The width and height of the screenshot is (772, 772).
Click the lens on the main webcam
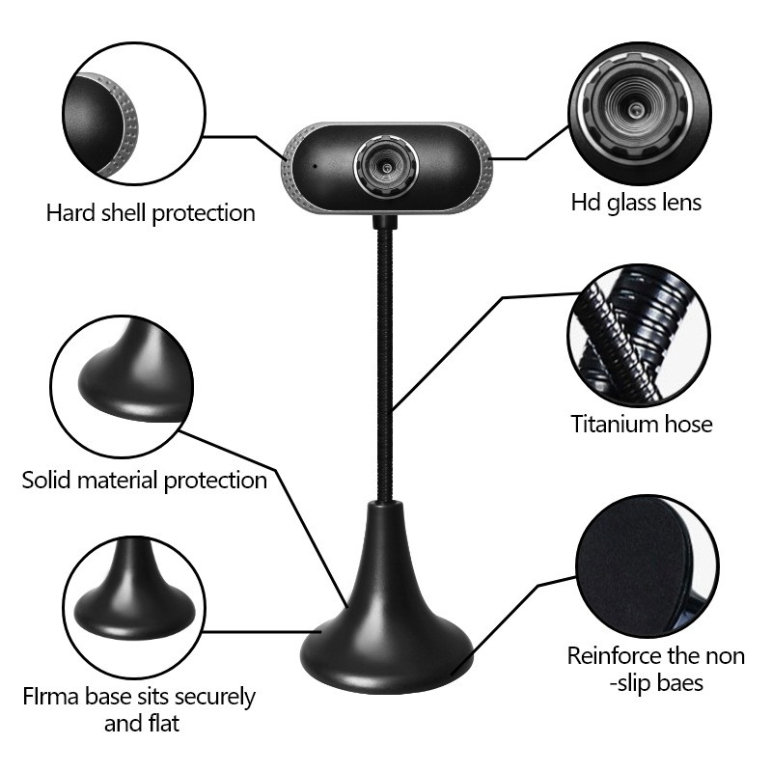[x=387, y=166]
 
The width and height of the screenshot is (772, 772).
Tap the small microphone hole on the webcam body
[x=316, y=166]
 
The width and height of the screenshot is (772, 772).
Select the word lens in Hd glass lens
[x=681, y=203]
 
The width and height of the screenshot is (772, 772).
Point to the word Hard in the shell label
[x=70, y=213]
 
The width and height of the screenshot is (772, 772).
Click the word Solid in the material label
[x=46, y=480]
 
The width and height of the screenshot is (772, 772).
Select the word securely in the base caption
[x=214, y=698]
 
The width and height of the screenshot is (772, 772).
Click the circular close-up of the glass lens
[x=640, y=114]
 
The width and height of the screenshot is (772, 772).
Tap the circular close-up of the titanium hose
[x=639, y=336]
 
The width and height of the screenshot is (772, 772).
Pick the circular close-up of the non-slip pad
[x=648, y=566]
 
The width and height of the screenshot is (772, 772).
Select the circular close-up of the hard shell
[x=134, y=114]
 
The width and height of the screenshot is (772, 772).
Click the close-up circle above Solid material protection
[x=122, y=387]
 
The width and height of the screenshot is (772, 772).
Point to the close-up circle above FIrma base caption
[x=134, y=608]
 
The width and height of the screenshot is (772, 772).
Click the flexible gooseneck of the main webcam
[x=385, y=365]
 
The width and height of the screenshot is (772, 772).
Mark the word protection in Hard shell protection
[x=204, y=214]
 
